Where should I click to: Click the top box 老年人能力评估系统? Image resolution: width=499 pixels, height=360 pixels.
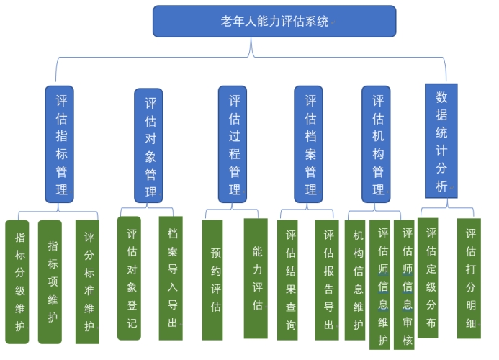click(x=274, y=22)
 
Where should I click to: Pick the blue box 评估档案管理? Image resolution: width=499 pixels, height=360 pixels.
click(x=310, y=144)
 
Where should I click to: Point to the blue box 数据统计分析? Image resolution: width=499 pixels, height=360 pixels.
click(x=441, y=140)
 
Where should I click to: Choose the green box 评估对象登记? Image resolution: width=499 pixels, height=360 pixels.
click(x=130, y=278)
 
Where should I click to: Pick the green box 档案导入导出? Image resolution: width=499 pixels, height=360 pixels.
click(x=171, y=278)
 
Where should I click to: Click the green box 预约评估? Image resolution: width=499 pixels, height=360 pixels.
click(x=215, y=280)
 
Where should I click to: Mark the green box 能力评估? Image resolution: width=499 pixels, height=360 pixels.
click(x=256, y=279)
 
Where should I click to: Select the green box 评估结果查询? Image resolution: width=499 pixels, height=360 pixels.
click(x=292, y=280)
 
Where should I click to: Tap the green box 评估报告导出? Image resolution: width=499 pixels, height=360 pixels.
click(x=328, y=280)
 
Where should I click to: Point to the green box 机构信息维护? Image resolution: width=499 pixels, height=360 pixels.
click(x=357, y=280)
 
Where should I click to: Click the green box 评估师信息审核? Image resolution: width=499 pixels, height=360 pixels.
click(x=407, y=285)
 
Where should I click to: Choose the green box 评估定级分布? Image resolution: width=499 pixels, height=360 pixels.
click(x=430, y=278)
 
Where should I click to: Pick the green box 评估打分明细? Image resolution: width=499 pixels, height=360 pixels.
click(x=470, y=278)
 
